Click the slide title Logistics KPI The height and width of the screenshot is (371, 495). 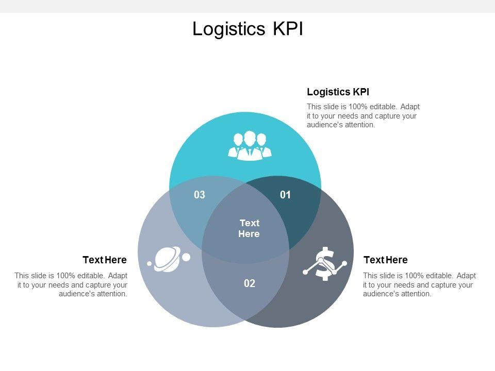(x=247, y=29)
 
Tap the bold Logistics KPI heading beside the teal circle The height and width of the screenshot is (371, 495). (x=338, y=92)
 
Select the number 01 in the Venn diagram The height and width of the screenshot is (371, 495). (x=286, y=195)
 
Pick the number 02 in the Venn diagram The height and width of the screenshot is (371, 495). (x=250, y=283)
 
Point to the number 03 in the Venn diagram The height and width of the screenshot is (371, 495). (x=200, y=195)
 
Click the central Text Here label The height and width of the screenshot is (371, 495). (x=249, y=228)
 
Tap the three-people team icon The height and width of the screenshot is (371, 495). (x=250, y=146)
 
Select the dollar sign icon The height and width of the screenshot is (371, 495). (x=324, y=264)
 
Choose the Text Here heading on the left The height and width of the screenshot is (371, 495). (x=105, y=260)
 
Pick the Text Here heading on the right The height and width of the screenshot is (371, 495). (x=385, y=260)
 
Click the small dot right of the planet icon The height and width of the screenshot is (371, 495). (x=186, y=257)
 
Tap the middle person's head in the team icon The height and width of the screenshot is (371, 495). (x=250, y=138)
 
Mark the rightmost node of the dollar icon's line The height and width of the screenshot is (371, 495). (x=344, y=263)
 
